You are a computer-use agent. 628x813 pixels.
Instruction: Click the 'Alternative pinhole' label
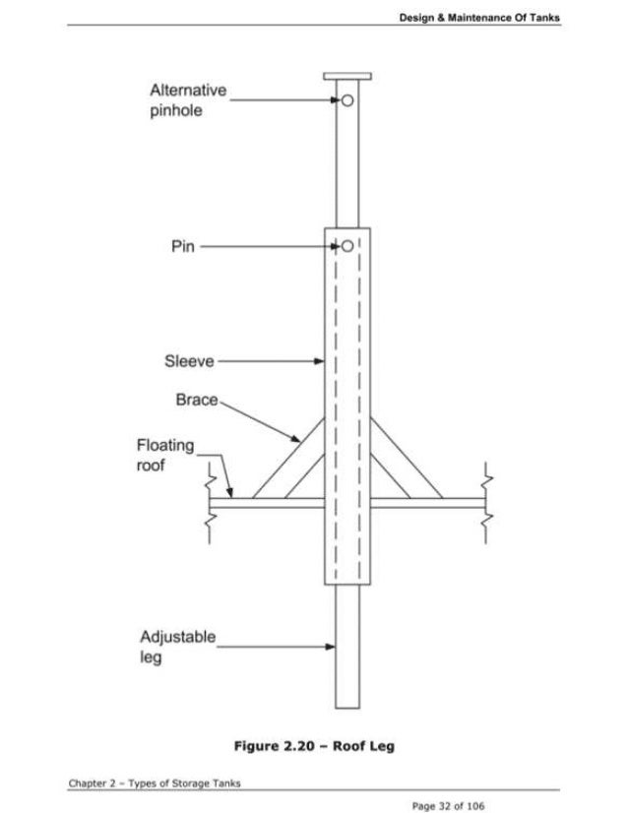[187, 100]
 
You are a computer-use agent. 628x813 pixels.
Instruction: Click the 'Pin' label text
[183, 246]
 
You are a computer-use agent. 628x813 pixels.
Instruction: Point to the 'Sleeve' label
[188, 361]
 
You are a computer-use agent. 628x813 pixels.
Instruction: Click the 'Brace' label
[196, 402]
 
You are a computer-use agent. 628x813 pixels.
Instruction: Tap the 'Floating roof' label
[164, 455]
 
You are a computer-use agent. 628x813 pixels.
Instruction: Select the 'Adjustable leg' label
[177, 646]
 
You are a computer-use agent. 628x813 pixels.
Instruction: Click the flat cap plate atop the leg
[346, 78]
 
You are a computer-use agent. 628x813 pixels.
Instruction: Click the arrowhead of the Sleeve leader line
[320, 361]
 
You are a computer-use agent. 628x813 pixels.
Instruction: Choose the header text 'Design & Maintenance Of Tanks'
[479, 17]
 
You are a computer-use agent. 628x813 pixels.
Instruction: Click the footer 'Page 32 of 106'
[448, 805]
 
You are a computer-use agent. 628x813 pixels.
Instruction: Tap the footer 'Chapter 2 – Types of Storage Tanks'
[155, 782]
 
